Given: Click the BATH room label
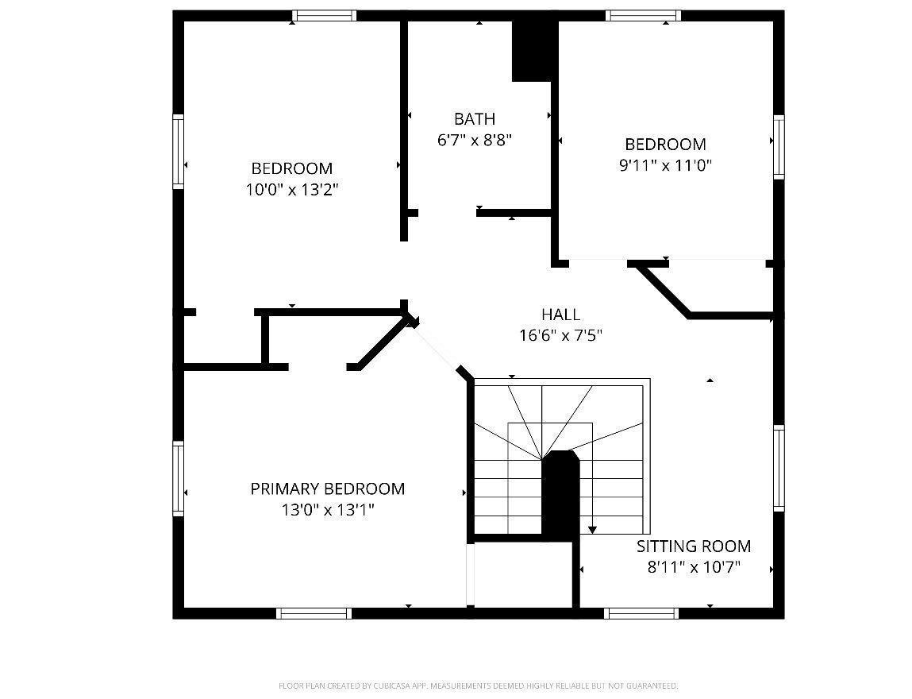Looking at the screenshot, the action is tap(475, 118).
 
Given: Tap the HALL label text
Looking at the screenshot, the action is tap(560, 315).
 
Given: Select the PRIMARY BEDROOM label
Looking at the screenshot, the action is tap(328, 489).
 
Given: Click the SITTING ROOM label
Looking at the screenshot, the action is tap(693, 546).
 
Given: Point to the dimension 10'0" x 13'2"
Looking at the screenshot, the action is tap(292, 190).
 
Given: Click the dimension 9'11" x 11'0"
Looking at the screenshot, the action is tap(665, 165).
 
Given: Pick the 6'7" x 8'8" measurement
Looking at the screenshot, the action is tap(475, 141).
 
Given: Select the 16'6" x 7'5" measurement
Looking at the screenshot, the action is tap(560, 336).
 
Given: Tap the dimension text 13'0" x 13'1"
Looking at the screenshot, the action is tap(328, 511).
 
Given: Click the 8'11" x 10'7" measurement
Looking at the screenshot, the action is tap(693, 567).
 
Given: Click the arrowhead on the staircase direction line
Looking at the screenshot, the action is tap(592, 530).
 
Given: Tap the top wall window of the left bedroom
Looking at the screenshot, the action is tap(324, 16).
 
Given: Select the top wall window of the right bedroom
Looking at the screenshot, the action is tap(643, 16).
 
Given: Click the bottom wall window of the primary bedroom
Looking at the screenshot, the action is tap(314, 613).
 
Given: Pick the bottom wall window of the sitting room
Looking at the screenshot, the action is tap(641, 613).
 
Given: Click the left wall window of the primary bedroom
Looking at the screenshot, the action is tap(179, 478).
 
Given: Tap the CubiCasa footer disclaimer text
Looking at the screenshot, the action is tap(478, 686).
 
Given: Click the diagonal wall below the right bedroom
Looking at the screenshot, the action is tap(663, 289).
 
